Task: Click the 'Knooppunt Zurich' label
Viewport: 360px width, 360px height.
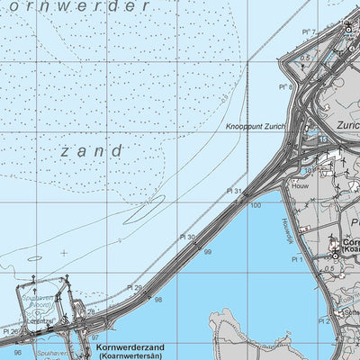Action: click(255, 128)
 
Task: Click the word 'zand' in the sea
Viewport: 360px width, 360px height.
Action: click(93, 151)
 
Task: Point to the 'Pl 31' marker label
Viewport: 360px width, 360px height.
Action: click(234, 191)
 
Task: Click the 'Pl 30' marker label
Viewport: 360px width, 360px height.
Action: click(186, 238)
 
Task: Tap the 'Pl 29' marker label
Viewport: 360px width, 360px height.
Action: click(133, 287)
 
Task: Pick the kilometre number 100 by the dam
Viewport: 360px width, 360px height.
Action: click(256, 206)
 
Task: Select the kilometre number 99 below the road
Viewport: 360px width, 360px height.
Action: click(208, 253)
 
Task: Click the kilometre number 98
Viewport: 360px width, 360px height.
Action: click(158, 300)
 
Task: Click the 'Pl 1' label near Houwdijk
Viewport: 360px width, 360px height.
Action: click(295, 259)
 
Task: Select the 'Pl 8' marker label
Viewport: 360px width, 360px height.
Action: click(285, 87)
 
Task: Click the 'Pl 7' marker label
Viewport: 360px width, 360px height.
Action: click(311, 32)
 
